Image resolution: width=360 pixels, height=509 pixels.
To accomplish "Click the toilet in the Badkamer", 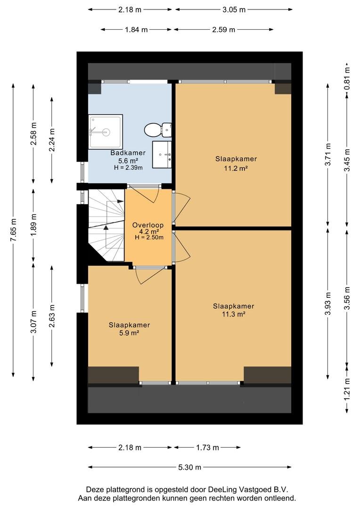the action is coord(157,130).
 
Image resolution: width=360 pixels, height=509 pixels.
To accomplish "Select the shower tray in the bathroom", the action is coord(106,131).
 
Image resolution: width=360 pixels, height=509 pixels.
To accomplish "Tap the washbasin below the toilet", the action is coord(162,154).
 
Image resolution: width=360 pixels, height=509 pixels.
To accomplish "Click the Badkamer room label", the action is coord(128,153).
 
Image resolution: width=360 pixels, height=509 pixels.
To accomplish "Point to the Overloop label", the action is coord(147,225).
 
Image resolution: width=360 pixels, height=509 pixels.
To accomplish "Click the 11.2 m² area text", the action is coord(236,168).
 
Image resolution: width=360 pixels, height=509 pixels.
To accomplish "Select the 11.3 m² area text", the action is coord(233,314).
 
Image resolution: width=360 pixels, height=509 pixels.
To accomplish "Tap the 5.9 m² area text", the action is coord(129,333).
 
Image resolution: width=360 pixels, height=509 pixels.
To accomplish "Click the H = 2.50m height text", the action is coord(149,237).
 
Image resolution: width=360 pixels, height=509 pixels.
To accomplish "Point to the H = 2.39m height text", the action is coord(128,167).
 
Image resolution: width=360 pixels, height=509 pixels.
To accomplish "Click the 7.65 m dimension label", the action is coord(13,230).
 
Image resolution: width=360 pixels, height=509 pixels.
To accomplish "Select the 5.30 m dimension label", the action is coord(190,468).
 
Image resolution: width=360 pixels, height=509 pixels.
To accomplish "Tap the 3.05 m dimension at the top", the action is coord(234,10).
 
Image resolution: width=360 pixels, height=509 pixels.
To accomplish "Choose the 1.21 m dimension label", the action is coord(347,390).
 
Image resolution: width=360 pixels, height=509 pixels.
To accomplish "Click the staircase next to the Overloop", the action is coord(106,225).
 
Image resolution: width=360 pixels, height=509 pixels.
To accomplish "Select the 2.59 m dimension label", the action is coord(224,30).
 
